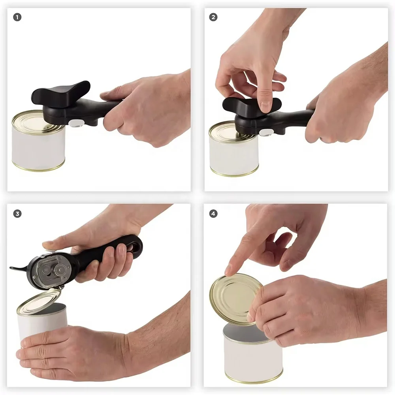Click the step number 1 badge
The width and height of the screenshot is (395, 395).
17,17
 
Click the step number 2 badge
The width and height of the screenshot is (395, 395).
213,17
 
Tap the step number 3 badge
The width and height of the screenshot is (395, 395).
17,214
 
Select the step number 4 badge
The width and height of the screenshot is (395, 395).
213,214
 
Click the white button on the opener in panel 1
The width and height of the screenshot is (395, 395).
73,124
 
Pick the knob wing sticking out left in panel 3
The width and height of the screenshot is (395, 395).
18,269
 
